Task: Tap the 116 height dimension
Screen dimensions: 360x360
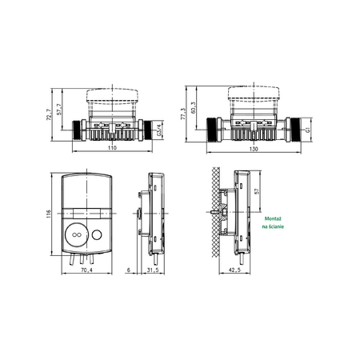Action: pos(48,214)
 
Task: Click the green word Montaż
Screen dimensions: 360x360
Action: pos(273,218)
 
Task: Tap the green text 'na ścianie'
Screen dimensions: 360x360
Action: pos(273,228)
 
